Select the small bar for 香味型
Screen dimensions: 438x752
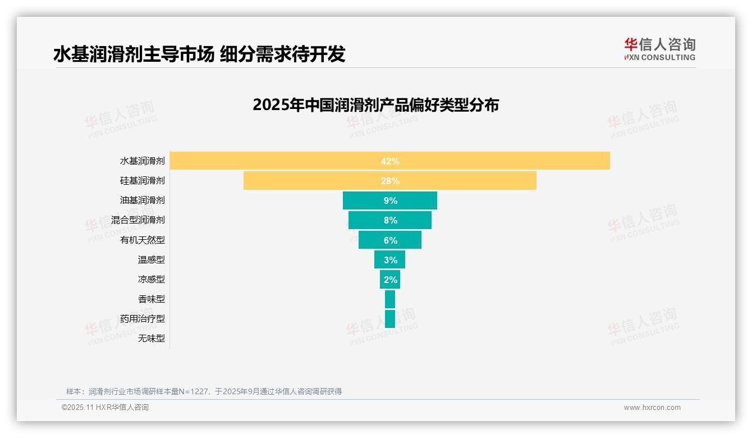pyautogui.click(x=389, y=299)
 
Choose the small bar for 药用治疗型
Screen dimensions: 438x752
pyautogui.click(x=389, y=318)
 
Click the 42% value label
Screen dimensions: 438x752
pyautogui.click(x=390, y=161)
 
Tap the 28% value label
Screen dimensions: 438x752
pyautogui.click(x=390, y=181)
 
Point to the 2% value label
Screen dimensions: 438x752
pyautogui.click(x=390, y=280)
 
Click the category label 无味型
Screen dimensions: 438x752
pyautogui.click(x=152, y=338)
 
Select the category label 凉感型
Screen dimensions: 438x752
pyautogui.click(x=152, y=279)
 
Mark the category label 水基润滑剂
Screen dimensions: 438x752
pyautogui.click(x=143, y=161)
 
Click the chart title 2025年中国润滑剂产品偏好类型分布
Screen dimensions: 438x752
pyautogui.click(x=375, y=105)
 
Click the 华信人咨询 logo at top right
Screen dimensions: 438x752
pyautogui.click(x=659, y=49)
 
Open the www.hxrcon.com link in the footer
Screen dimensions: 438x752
pyautogui.click(x=652, y=408)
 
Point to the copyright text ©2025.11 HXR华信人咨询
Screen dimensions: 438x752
pyautogui.click(x=105, y=408)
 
